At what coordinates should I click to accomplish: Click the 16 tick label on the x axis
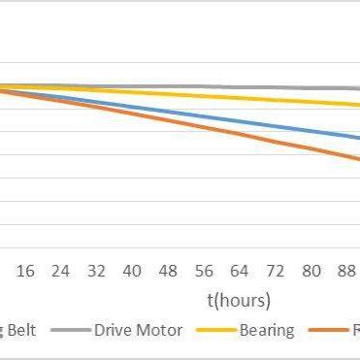pos(26,271)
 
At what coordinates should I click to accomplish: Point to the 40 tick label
pos(133,271)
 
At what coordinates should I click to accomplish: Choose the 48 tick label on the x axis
pos(169,271)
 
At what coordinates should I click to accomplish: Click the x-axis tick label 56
pos(204,271)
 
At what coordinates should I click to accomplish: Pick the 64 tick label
pos(240,271)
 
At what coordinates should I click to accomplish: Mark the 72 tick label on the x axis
pos(276,271)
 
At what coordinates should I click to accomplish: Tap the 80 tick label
pos(311,271)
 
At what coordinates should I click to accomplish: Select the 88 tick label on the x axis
pos(345,271)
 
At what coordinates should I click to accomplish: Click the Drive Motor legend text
pos(138,331)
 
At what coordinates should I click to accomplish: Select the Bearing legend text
pos(267,331)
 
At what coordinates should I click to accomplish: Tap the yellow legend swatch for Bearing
pos(216,331)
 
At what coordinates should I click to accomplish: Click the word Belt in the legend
pos(20,331)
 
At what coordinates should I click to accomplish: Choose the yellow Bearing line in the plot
pos(243,96)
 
